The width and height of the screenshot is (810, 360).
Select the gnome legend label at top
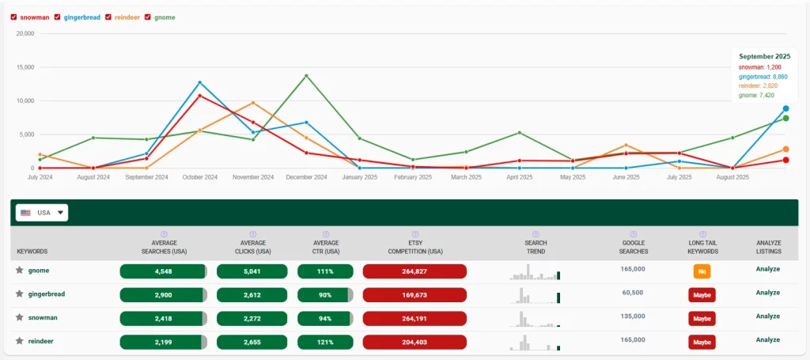(x=165, y=17)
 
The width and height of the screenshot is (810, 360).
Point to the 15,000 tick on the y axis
(x=25, y=67)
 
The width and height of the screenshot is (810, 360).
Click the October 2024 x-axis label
(x=199, y=177)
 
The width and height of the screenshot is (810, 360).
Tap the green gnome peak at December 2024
(x=306, y=76)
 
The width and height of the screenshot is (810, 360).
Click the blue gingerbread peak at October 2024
(x=199, y=82)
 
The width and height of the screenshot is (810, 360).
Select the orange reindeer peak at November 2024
(x=253, y=103)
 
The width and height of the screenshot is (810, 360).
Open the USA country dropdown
(x=42, y=213)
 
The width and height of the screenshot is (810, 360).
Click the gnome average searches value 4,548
(x=162, y=271)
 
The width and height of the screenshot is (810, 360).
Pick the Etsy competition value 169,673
(x=414, y=294)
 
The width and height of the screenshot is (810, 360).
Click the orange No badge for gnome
(x=701, y=271)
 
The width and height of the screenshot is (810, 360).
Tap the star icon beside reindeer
(x=19, y=341)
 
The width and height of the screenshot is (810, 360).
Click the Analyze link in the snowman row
(x=767, y=316)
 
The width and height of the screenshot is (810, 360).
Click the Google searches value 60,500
(x=633, y=293)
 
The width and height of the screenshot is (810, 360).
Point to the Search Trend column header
(x=536, y=247)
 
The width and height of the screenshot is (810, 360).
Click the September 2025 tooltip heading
(x=764, y=57)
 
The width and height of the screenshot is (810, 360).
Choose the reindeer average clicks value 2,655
(x=252, y=342)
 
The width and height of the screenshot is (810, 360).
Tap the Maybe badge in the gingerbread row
(x=701, y=295)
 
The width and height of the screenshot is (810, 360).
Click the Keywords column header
(x=32, y=252)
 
